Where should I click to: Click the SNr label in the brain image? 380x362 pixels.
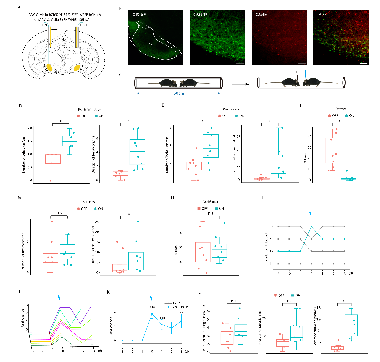click(x=151, y=44)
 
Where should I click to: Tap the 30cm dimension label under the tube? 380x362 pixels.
click(x=179, y=93)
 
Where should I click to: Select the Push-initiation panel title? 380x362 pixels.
click(x=90, y=110)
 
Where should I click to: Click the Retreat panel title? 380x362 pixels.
click(x=341, y=109)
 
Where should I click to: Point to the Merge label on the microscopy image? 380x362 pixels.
click(x=323, y=14)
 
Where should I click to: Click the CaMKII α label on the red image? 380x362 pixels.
click(x=261, y=14)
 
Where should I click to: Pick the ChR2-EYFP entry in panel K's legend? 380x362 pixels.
click(x=180, y=307)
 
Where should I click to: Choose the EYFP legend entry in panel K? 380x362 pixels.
click(x=176, y=303)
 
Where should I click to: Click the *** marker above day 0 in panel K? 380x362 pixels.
click(x=152, y=307)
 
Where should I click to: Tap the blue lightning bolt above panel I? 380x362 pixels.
click(x=310, y=214)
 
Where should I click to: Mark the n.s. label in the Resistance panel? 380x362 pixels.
click(x=211, y=213)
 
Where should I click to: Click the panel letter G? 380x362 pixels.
click(x=19, y=198)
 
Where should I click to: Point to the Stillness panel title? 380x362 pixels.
click(x=90, y=202)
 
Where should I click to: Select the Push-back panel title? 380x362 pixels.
click(x=231, y=109)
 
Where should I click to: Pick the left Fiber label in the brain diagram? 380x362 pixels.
click(x=43, y=25)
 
